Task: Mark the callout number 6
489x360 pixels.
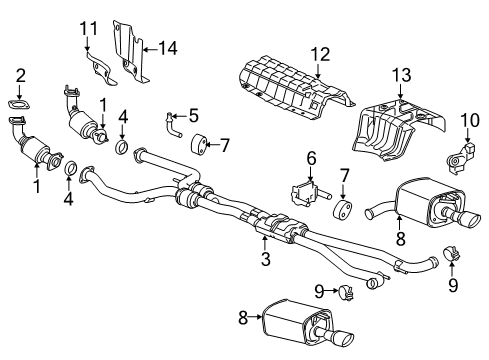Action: pos(311,159)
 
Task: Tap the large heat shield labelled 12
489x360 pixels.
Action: pos(290,86)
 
